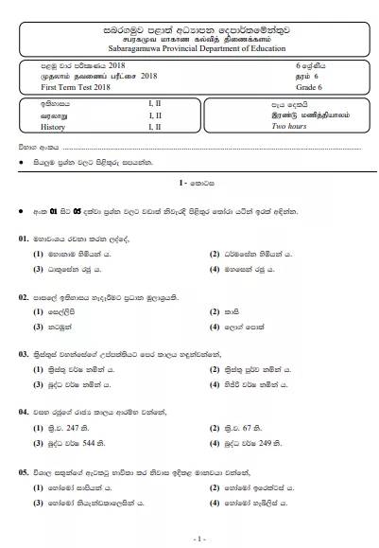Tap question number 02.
pyautogui.click(x=24, y=297)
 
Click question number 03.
pyautogui.click(x=24, y=354)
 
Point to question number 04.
pyautogui.click(x=24, y=413)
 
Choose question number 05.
pyautogui.click(x=24, y=469)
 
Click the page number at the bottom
pyautogui.click(x=188, y=538)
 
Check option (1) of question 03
pyautogui.click(x=39, y=369)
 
